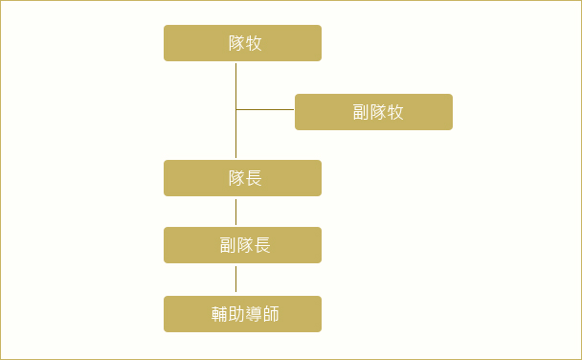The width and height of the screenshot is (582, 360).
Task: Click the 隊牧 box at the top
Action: [x=242, y=43]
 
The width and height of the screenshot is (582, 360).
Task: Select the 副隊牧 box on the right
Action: [x=373, y=112]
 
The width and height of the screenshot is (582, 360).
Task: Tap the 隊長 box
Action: [x=242, y=178]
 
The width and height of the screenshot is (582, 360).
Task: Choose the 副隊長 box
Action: [x=242, y=245]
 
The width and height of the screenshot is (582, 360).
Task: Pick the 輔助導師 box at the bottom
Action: [x=242, y=314]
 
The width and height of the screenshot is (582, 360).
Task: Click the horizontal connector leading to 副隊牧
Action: [x=265, y=109]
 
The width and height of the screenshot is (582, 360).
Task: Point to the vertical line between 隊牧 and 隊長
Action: [x=235, y=111]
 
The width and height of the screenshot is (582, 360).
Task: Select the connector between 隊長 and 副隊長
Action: [x=235, y=212]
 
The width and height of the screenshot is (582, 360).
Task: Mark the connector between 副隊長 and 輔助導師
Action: [x=235, y=279]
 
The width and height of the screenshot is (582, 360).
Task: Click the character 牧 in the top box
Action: [x=254, y=43]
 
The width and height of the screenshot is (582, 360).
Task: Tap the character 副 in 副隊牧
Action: [x=361, y=112]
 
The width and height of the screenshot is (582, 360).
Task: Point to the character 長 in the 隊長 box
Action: [x=254, y=178]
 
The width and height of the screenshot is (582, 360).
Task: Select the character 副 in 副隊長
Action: [x=228, y=245]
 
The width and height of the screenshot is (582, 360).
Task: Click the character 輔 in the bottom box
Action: [x=220, y=314]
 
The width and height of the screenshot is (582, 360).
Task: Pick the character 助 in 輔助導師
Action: [x=236, y=314]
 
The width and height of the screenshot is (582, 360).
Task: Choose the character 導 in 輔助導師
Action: [x=254, y=314]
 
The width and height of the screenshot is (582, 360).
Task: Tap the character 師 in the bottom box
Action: [x=271, y=314]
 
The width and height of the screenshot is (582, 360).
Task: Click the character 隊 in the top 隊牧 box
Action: [x=236, y=43]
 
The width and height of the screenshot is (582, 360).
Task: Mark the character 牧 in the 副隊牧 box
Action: [x=395, y=112]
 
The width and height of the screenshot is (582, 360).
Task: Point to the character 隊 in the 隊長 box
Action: [x=236, y=178]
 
